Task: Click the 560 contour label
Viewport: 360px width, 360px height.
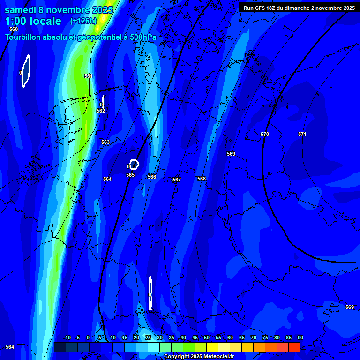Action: point(14,29)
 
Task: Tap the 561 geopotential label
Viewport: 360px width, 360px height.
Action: point(89,76)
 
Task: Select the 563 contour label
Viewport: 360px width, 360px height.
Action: point(105,142)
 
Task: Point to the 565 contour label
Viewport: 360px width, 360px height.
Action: point(130,175)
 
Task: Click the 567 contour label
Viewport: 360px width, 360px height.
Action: point(177,180)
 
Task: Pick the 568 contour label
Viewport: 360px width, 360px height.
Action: point(202,179)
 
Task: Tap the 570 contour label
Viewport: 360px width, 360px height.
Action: point(265,135)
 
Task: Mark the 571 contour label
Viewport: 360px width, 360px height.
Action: point(302,135)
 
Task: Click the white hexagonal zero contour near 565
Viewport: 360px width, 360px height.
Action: point(134,164)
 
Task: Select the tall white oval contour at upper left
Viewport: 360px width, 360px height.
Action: point(26,71)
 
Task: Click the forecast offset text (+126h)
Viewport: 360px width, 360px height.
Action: point(83,21)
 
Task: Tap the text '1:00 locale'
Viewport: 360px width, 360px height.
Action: point(33,21)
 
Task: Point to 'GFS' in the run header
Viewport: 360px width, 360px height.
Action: point(261,8)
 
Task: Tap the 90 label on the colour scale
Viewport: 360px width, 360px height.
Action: point(300,337)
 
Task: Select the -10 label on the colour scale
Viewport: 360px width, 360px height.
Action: point(67,337)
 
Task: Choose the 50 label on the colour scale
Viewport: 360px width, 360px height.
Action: point(207,337)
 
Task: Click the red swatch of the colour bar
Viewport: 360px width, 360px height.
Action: point(294,347)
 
